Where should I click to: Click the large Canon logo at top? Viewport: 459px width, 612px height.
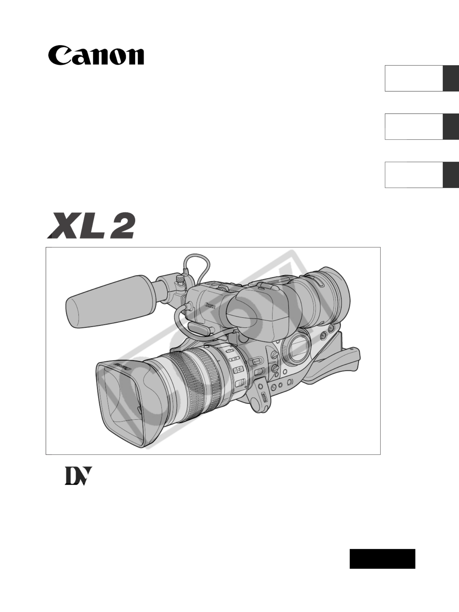(x=96, y=56)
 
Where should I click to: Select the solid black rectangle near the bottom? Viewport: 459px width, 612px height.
(x=382, y=559)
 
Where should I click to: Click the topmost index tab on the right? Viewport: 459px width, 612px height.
(x=422, y=78)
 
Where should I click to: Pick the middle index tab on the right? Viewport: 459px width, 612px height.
(x=422, y=126)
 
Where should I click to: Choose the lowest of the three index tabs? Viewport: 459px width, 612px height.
(x=422, y=175)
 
